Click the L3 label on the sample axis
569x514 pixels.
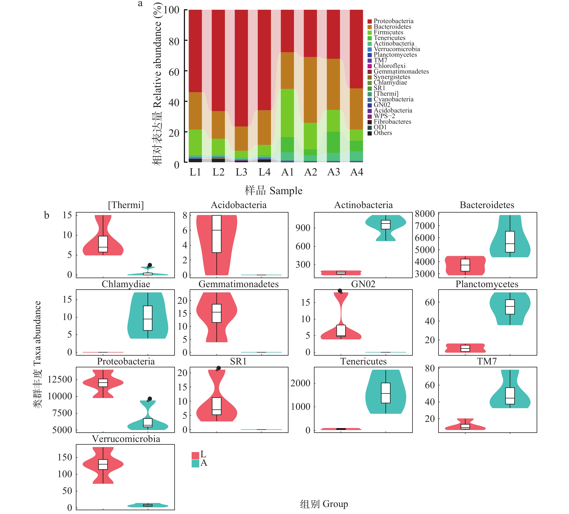[241, 172]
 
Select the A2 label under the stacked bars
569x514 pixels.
[311, 172]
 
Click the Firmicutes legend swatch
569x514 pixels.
[369, 33]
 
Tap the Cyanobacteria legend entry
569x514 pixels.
[393, 99]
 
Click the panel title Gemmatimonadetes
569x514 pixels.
[238, 284]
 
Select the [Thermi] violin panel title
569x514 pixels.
[126, 205]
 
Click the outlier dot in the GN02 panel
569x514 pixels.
[340, 291]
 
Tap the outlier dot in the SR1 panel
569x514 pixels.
[218, 368]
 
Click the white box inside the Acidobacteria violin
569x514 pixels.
[216, 234]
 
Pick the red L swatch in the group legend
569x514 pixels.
[195, 455]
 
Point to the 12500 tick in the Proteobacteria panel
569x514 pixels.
[60, 379]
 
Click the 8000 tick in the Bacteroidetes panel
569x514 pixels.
[424, 214]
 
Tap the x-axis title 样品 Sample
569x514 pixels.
[273, 191]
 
